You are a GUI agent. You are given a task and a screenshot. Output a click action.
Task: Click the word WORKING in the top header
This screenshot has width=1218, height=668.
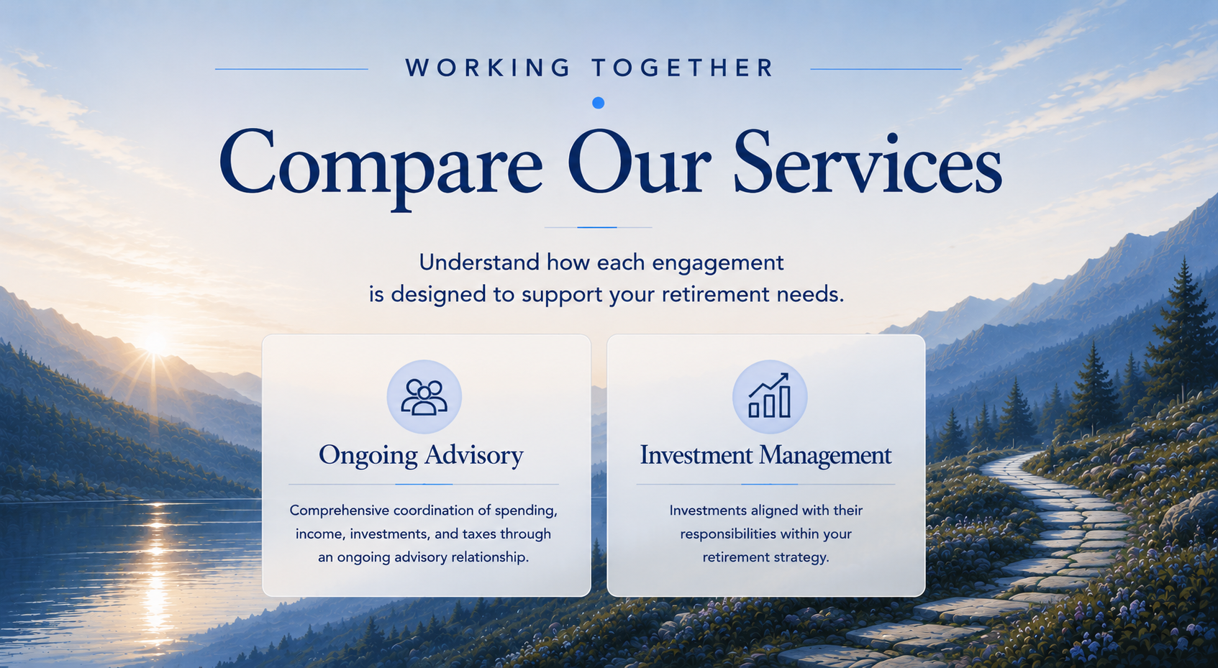click(488, 68)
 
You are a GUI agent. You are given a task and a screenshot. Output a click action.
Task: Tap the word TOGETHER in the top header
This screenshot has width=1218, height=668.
click(683, 68)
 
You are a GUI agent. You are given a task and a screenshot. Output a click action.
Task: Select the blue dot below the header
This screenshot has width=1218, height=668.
click(598, 103)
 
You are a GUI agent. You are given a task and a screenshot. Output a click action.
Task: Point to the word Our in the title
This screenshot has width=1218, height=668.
click(639, 162)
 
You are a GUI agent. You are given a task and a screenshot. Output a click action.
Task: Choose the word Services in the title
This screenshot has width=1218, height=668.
click(868, 162)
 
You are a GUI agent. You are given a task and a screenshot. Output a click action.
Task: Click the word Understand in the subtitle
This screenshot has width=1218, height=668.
click(479, 262)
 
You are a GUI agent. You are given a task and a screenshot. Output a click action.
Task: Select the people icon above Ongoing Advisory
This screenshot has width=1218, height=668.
click(424, 397)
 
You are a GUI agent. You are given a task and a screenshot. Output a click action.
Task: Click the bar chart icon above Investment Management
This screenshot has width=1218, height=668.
click(769, 395)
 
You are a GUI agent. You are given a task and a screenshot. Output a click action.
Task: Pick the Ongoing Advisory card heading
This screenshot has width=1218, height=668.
click(421, 455)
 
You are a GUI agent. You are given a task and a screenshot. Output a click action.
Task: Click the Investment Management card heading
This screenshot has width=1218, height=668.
click(765, 455)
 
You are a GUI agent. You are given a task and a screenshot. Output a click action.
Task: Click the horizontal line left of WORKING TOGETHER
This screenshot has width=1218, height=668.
click(291, 69)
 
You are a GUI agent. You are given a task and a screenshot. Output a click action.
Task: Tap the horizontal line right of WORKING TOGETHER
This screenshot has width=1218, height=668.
click(886, 69)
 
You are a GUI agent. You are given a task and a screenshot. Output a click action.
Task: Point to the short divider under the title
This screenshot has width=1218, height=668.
click(598, 227)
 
